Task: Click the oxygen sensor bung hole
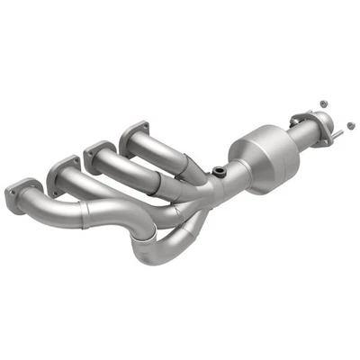tap(219, 171)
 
